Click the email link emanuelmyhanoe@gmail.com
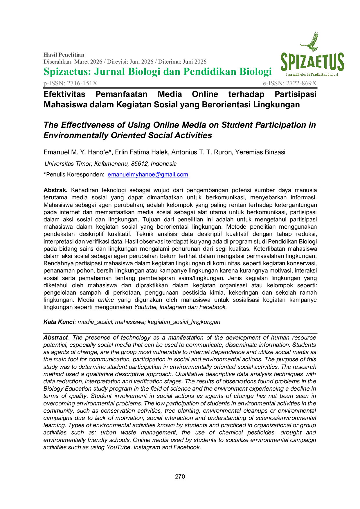pos(148,174)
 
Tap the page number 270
pos(180,476)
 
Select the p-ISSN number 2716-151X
pos(82,83)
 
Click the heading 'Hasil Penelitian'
pos(64,55)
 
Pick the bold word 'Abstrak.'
pos(55,190)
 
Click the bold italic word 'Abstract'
pos(55,337)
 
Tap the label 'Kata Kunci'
pos(59,322)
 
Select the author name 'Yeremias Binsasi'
pos(260,152)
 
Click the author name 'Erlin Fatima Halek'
pos(141,152)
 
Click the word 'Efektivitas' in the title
pos(64,94)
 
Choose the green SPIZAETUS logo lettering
pos(312,62)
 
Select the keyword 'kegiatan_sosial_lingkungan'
pos(184,322)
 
